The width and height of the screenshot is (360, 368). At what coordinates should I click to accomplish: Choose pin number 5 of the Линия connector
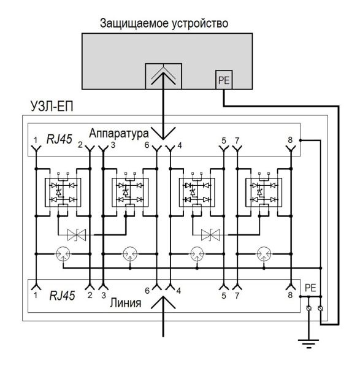tap(224, 295)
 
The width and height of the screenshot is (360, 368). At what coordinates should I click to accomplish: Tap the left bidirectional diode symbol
tap(79, 234)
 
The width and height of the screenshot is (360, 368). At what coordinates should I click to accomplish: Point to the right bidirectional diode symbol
tap(212, 234)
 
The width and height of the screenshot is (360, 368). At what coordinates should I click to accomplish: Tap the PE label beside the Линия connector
tap(312, 286)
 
